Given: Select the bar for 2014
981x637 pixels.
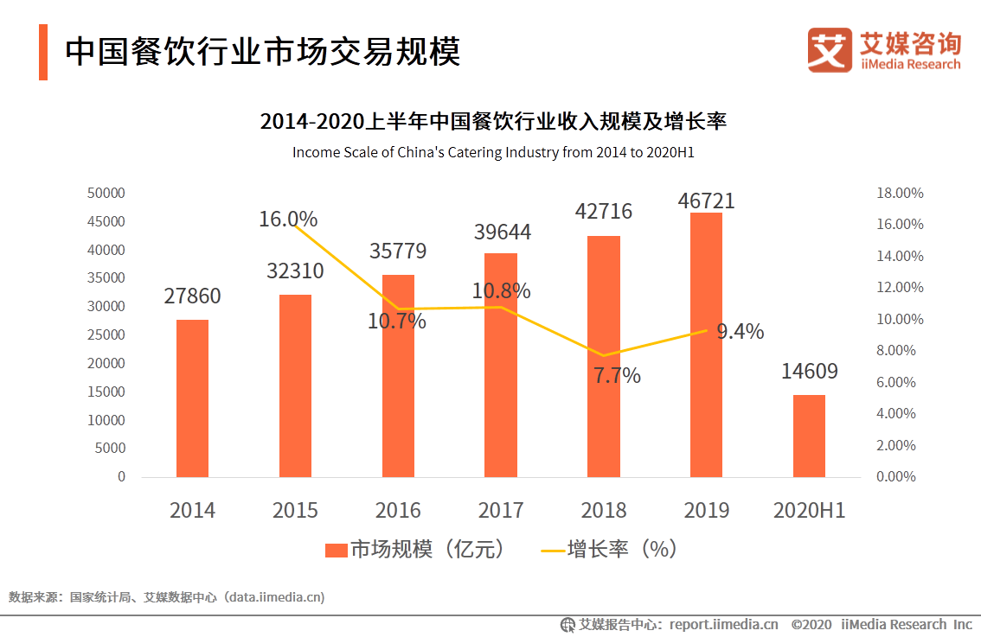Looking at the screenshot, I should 192,398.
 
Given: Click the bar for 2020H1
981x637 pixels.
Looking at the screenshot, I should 809,436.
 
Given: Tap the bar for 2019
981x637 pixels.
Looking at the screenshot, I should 706,345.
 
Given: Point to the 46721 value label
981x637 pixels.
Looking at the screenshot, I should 706,201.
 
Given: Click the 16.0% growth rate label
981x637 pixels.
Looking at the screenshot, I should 288,220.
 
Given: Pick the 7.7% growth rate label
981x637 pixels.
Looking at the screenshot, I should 617,376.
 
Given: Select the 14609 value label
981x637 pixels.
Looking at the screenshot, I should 809,372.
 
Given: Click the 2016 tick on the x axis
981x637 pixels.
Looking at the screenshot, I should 398,510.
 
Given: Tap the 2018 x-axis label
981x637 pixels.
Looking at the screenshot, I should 604,510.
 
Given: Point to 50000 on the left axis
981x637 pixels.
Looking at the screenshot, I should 106,193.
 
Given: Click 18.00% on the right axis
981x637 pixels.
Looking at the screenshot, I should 900,193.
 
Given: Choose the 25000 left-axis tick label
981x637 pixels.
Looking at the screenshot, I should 106,334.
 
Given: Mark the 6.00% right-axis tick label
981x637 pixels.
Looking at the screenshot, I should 897,382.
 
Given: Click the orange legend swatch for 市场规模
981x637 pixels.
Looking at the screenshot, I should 336,550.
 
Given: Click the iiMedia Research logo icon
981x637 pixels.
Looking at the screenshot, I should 830,50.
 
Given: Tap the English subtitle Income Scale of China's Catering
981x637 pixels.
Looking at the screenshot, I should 493,152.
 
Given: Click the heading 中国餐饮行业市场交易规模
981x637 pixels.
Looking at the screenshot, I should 263,52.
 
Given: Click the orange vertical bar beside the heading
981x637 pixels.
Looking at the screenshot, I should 43,52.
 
